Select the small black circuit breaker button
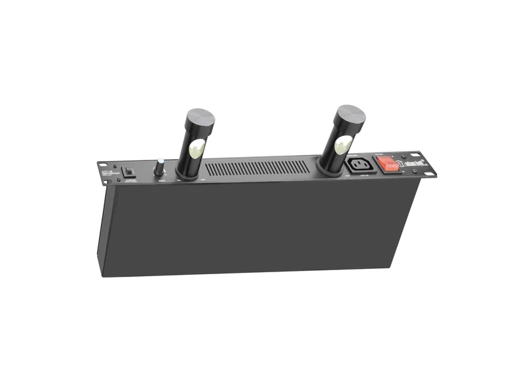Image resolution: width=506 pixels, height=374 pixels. (130, 172)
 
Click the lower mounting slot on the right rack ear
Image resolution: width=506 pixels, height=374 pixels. (434, 174)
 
